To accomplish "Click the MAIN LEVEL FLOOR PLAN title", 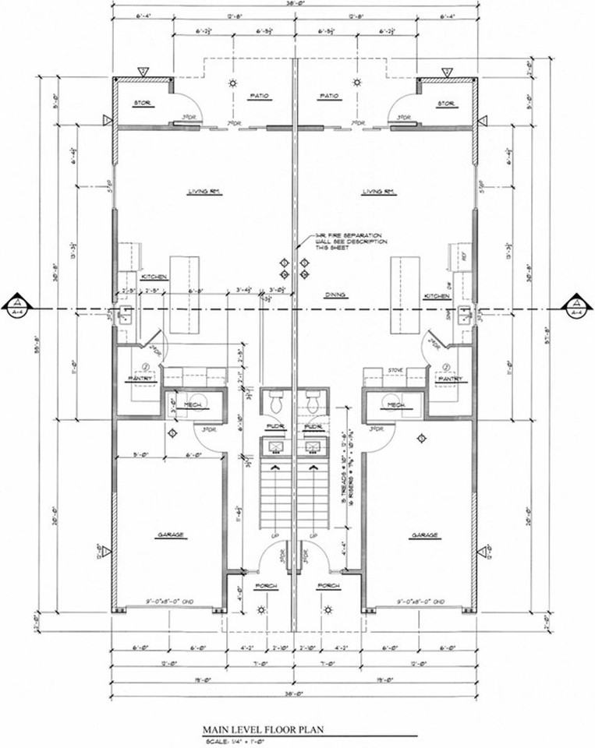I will (x=263, y=730).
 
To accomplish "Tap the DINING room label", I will (x=335, y=295).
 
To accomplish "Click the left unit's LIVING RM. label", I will (x=200, y=191).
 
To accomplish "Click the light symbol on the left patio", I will (x=232, y=83).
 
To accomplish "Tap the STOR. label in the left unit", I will (x=141, y=104).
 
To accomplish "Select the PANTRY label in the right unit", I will (x=450, y=379).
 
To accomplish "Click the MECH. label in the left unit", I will (x=193, y=406).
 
